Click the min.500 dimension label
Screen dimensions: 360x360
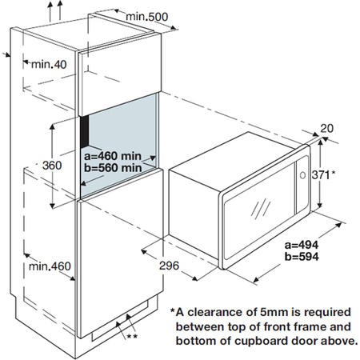(147, 17)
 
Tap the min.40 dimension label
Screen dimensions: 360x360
(49, 64)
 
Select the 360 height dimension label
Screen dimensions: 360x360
(52, 166)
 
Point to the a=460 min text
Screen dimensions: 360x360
(113, 156)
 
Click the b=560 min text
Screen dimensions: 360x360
(113, 168)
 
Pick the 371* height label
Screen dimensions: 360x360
(323, 175)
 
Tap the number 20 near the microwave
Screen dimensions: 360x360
(326, 128)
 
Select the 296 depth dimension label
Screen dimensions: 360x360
(169, 266)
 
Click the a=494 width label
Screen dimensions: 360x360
(302, 245)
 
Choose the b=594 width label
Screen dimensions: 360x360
(302, 256)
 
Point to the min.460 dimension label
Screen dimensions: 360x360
(50, 266)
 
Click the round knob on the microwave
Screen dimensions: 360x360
(302, 175)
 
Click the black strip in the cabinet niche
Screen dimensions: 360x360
(85, 132)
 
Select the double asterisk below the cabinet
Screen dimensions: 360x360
(132, 336)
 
